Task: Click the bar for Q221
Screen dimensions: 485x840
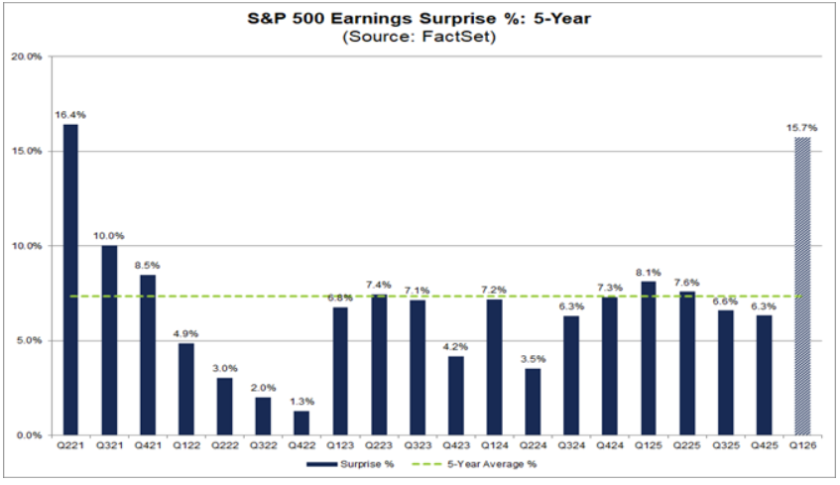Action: pos(70,280)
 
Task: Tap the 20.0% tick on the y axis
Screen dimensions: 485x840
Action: pos(28,57)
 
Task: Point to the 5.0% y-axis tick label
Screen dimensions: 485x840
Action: pos(31,340)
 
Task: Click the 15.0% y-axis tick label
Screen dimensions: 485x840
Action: pos(28,151)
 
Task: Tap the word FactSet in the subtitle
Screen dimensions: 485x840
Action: pos(459,37)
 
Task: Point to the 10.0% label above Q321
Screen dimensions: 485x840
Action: pos(109,235)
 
